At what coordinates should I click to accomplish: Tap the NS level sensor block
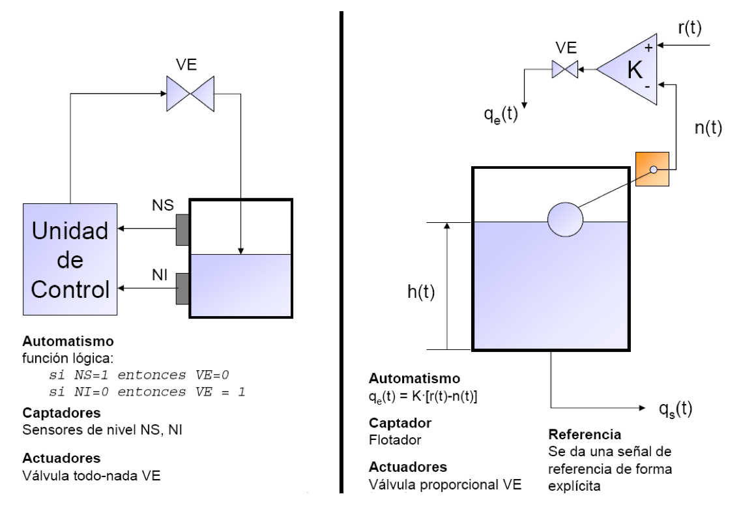click(182, 228)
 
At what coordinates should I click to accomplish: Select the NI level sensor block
click(182, 288)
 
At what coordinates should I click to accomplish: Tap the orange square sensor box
click(652, 168)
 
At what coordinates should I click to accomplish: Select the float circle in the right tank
click(565, 219)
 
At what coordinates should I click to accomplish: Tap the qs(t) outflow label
click(675, 409)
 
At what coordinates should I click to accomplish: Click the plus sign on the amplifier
click(648, 49)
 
